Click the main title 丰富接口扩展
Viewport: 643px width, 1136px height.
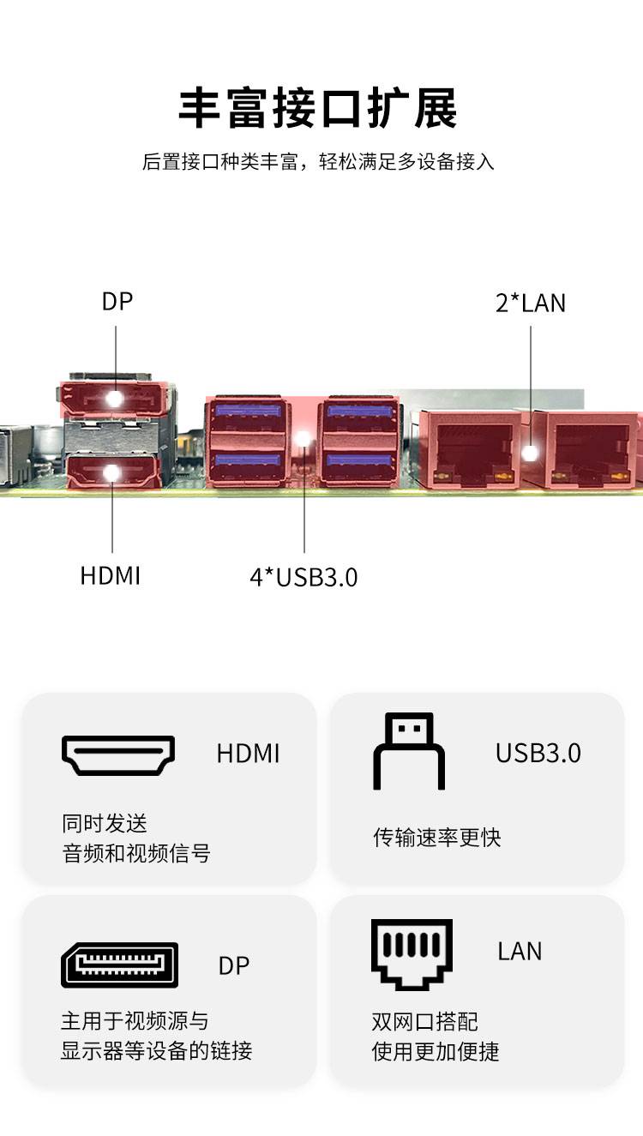tap(318, 108)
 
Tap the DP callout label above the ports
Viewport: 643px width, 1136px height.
tap(117, 302)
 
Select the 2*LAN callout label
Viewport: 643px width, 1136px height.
tap(531, 303)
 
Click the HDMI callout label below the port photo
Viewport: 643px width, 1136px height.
tap(110, 575)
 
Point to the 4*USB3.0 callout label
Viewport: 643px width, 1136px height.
tap(303, 577)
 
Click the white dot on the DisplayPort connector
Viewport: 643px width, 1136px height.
tap(114, 399)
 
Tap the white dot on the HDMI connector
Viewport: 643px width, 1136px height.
tap(111, 472)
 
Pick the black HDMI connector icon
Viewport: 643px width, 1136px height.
tap(118, 754)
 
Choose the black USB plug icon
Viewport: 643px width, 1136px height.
tap(409, 751)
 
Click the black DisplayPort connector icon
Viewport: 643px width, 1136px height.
tap(119, 965)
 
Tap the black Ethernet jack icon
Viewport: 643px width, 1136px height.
tap(412, 953)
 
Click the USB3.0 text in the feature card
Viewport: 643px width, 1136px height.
tap(538, 753)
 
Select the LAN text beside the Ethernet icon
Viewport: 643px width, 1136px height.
tap(520, 951)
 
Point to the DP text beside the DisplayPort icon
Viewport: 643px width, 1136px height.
tap(234, 965)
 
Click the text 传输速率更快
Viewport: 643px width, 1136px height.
tap(436, 837)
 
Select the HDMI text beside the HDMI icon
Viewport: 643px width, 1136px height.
tap(248, 754)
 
